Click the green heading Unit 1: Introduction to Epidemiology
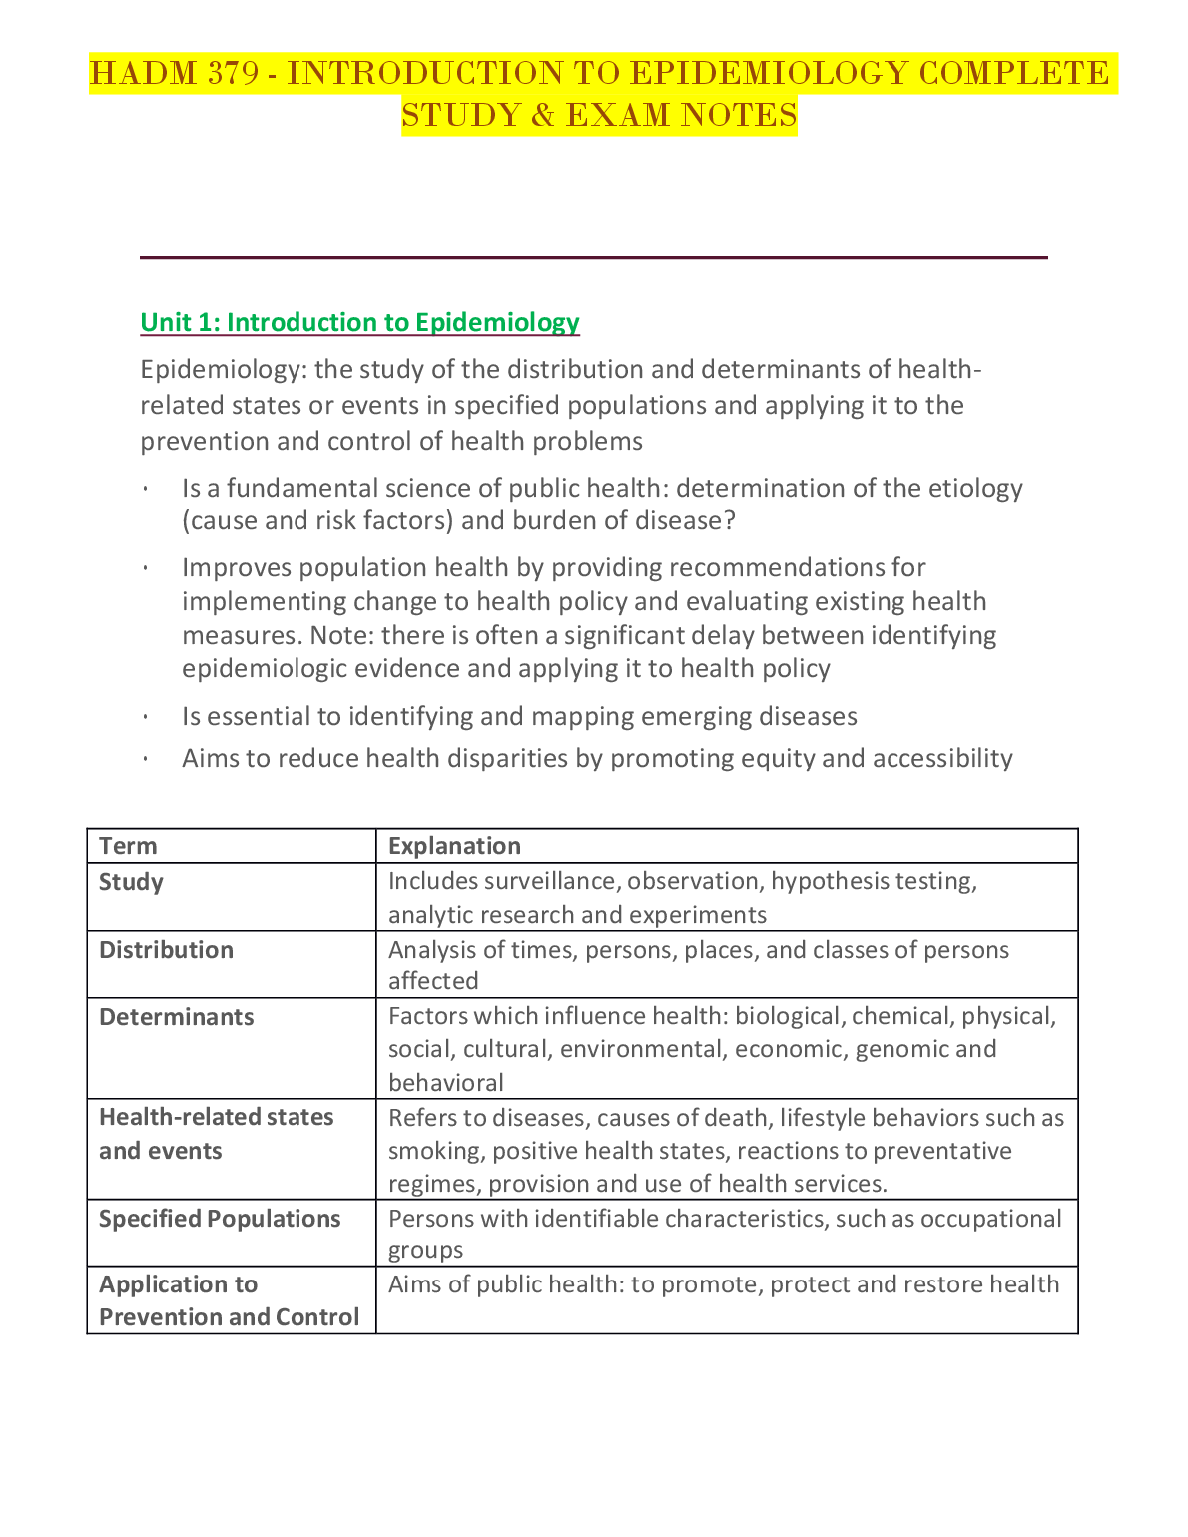(359, 322)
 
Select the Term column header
(128, 846)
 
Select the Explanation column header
(454, 846)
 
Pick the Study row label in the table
(131, 882)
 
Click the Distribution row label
(166, 950)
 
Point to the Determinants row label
(176, 1017)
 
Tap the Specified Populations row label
(220, 1219)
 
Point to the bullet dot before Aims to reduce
(146, 759)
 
